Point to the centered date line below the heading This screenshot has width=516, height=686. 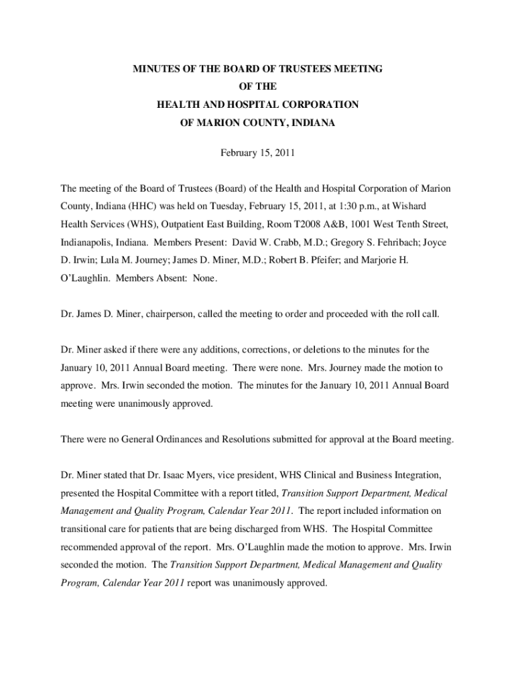(x=258, y=153)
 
